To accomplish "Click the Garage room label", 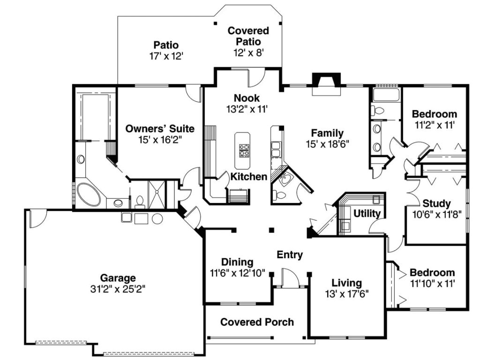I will [x=118, y=277].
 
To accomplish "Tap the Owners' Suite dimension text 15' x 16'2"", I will [x=160, y=139].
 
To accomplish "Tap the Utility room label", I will [x=367, y=214].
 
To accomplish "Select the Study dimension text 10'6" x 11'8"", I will [x=436, y=215].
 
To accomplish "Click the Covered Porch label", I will [x=257, y=322].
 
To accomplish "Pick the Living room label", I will [x=347, y=283].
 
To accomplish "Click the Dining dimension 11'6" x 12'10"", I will [x=238, y=273].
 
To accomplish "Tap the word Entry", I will [x=290, y=255].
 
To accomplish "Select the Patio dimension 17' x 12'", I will [x=165, y=55].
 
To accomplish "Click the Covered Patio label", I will [x=248, y=36].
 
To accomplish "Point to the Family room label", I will [x=328, y=133].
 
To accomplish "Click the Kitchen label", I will [x=248, y=177].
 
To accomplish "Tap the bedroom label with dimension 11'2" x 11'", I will [x=434, y=114].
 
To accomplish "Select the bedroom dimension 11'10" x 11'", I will [x=432, y=283].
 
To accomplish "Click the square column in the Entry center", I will [x=271, y=230].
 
